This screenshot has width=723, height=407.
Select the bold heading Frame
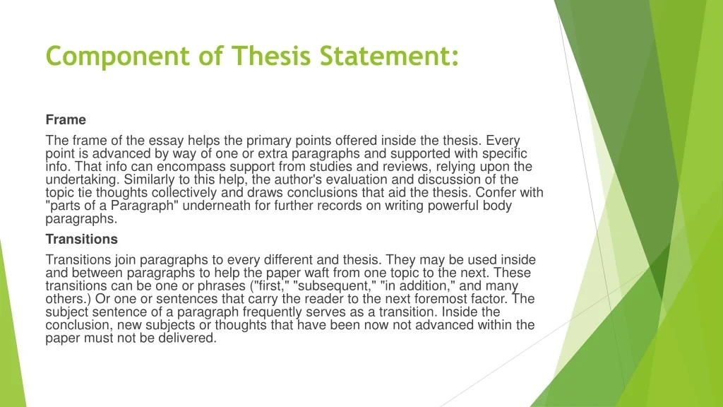tap(66, 120)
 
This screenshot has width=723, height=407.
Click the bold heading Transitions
tap(82, 239)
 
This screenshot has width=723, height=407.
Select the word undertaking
tap(82, 180)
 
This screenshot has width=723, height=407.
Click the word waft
tap(317, 273)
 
